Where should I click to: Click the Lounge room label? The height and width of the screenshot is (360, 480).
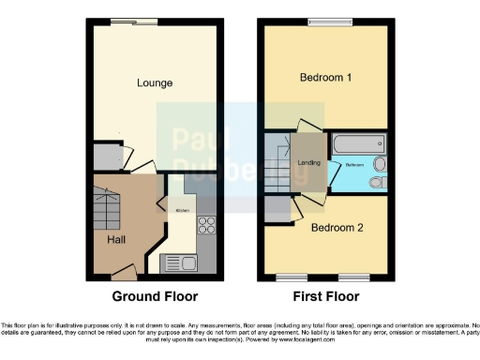pyautogui.click(x=155, y=82)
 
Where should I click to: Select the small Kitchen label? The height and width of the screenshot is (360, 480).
pyautogui.click(x=183, y=210)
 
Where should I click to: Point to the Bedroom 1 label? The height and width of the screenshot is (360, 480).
pyautogui.click(x=325, y=78)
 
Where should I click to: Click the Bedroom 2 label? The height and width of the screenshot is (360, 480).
pyautogui.click(x=336, y=228)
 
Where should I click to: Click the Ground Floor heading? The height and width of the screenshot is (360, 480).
pyautogui.click(x=155, y=297)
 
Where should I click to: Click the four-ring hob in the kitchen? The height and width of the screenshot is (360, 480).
pyautogui.click(x=206, y=225)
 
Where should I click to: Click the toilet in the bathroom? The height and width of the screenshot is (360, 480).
pyautogui.click(x=379, y=181)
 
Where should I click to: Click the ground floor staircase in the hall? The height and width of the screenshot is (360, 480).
pyautogui.click(x=108, y=201)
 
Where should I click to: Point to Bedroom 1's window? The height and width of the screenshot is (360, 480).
pyautogui.click(x=325, y=22)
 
